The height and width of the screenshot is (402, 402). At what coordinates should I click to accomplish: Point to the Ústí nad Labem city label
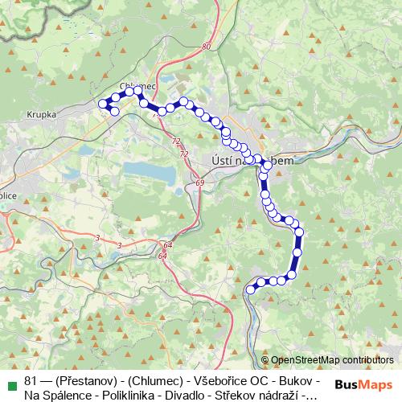(x=248, y=159)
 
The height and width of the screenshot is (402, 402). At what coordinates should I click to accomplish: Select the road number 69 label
(x=199, y=184)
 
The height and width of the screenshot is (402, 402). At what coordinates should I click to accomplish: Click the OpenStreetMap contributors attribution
(x=332, y=359)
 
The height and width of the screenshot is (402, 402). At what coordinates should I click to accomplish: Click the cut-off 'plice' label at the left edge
(x=8, y=195)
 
